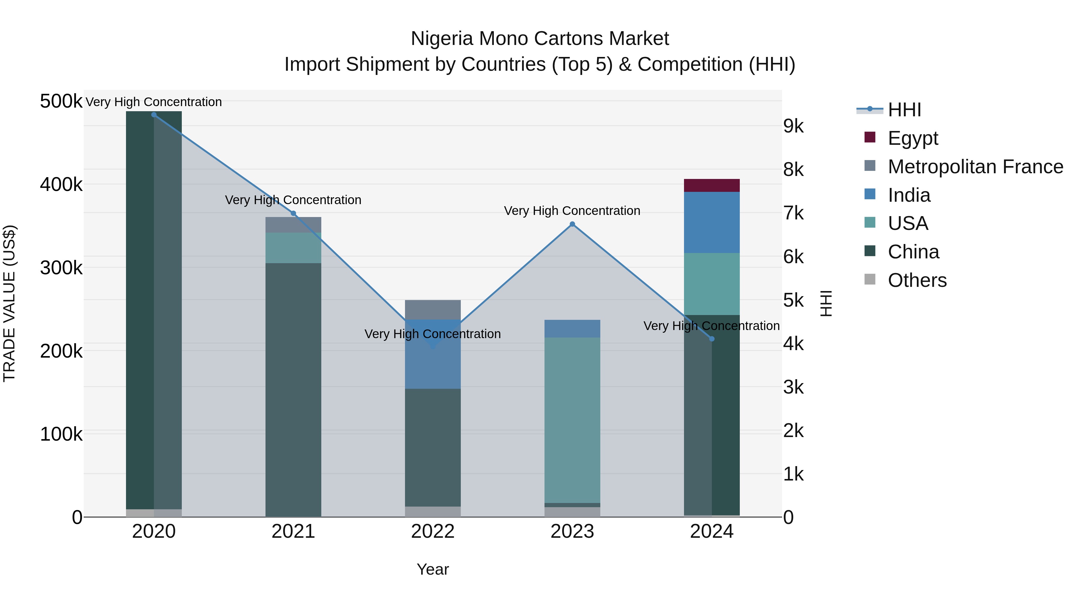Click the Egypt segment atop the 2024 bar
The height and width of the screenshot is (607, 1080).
tap(712, 185)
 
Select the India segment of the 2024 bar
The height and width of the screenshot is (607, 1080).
tap(712, 222)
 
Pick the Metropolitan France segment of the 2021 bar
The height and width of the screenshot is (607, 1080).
tap(293, 225)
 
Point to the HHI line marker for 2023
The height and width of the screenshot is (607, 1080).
tap(572, 224)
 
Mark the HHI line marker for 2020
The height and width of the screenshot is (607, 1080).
tap(154, 115)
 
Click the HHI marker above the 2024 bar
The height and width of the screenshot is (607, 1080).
tap(712, 339)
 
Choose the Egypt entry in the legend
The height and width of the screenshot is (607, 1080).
tap(912, 138)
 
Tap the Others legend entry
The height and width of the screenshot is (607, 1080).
tap(917, 280)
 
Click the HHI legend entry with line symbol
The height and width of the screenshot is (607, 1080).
tap(904, 110)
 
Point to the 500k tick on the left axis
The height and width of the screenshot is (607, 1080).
tap(61, 101)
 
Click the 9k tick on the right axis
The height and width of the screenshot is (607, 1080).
tap(793, 126)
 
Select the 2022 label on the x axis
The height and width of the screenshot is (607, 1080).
tap(433, 531)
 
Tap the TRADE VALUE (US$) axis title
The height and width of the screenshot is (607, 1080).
tap(9, 303)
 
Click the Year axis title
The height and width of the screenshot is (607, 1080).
tap(433, 569)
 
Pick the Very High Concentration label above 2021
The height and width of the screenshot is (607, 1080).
tap(293, 200)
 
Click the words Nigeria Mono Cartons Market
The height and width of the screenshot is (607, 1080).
tap(540, 39)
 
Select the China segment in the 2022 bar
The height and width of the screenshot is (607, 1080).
tap(433, 448)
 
